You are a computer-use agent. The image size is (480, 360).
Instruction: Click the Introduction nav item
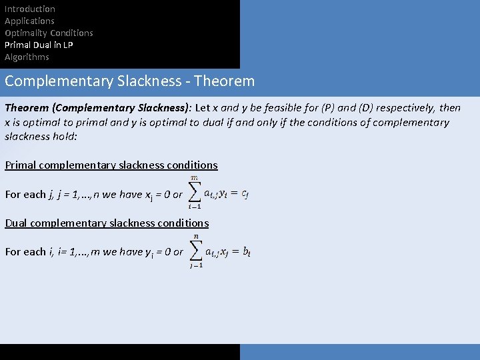click(x=30, y=9)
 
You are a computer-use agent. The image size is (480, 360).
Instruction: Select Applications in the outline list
click(x=29, y=21)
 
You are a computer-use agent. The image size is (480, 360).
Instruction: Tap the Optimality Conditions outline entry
click(x=49, y=33)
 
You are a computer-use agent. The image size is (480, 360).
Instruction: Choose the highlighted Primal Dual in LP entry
click(x=39, y=45)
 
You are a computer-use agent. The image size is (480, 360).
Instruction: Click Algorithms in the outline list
click(x=27, y=57)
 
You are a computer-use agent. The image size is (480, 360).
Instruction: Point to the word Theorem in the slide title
click(x=225, y=81)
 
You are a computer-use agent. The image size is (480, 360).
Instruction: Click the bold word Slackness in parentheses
click(x=161, y=108)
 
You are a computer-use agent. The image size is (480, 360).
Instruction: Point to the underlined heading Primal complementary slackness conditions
click(x=111, y=165)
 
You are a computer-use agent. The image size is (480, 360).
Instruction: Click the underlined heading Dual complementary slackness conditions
click(x=107, y=223)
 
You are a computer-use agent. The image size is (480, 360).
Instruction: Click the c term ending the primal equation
click(x=245, y=194)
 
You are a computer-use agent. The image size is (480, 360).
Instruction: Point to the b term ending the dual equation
click(x=247, y=252)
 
